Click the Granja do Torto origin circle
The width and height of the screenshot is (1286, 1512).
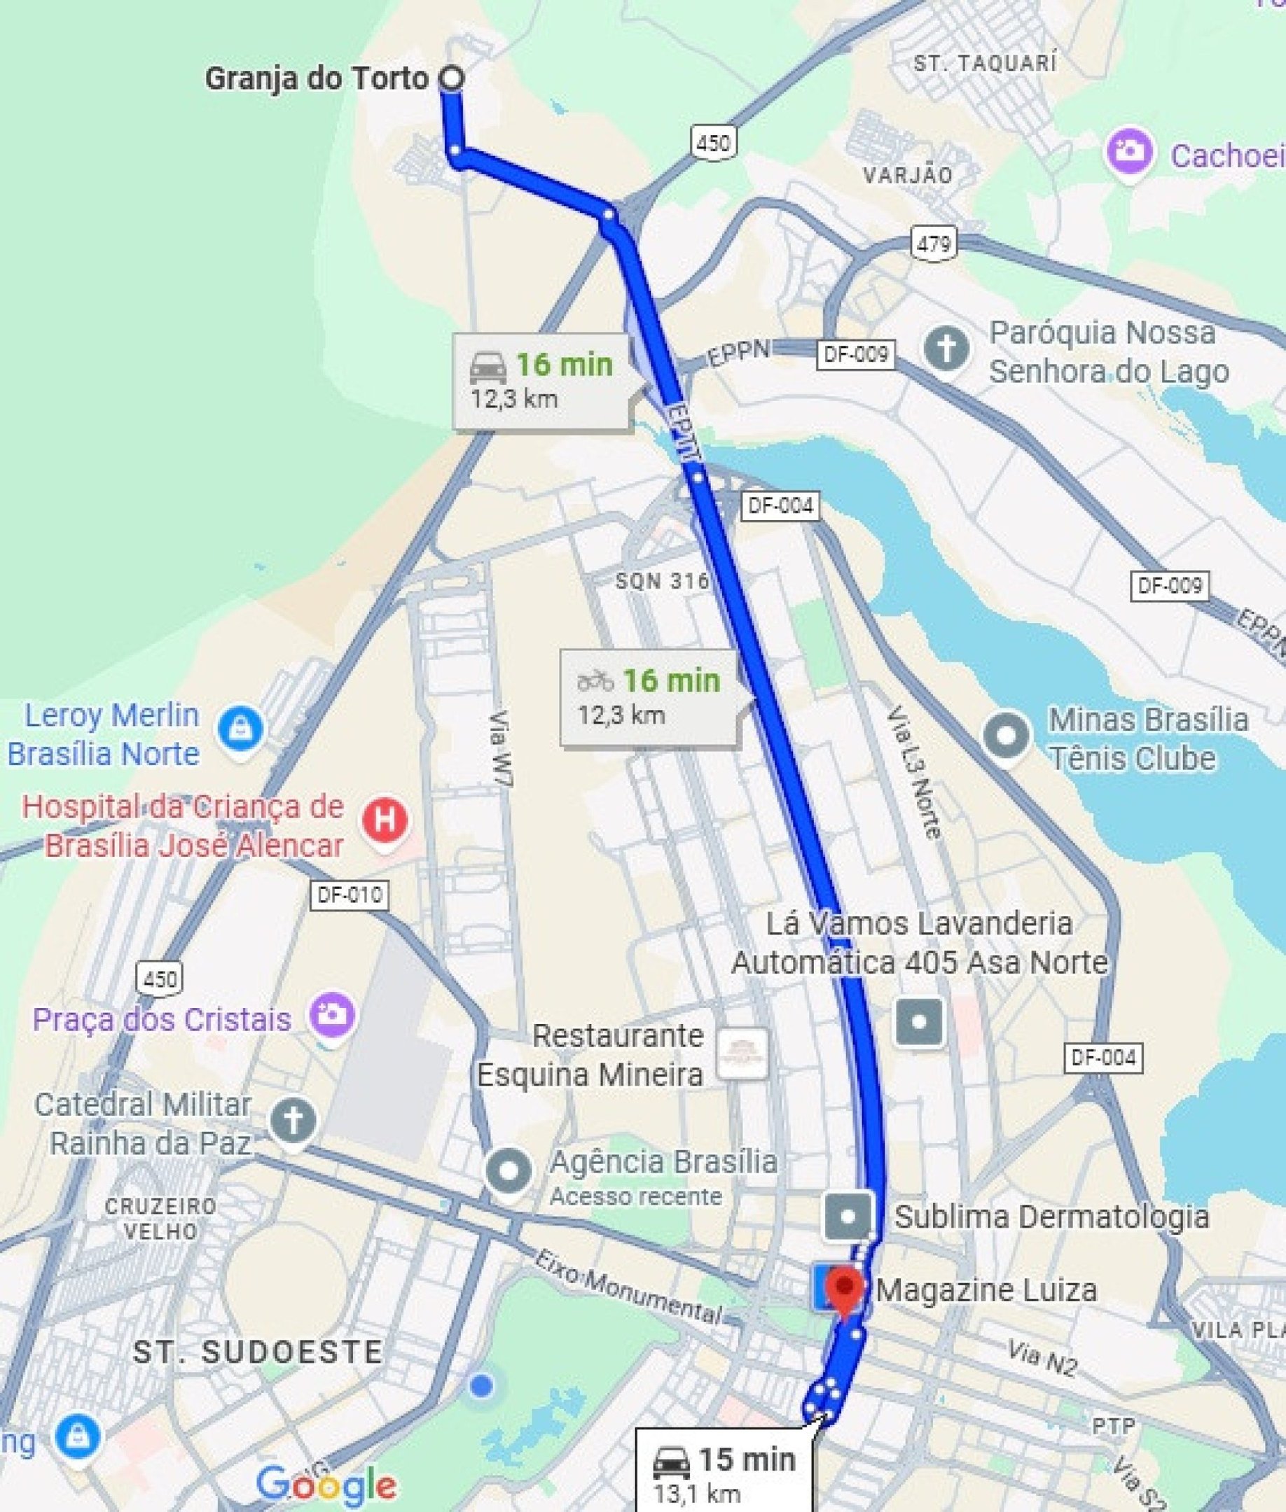click(452, 78)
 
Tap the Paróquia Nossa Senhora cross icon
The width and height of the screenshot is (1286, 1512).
click(946, 349)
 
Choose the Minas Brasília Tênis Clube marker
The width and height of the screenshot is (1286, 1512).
click(1007, 735)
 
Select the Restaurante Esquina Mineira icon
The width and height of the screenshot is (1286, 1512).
click(742, 1052)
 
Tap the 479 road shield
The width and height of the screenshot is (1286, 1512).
click(934, 244)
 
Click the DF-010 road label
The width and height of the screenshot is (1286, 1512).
click(350, 894)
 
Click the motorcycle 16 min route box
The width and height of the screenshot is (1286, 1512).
click(649, 696)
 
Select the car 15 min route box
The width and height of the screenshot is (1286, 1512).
click(725, 1472)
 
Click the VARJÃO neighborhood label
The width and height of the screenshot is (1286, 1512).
click(908, 176)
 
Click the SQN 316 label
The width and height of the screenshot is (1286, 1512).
click(662, 581)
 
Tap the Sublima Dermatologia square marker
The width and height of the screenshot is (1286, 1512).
click(849, 1216)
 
